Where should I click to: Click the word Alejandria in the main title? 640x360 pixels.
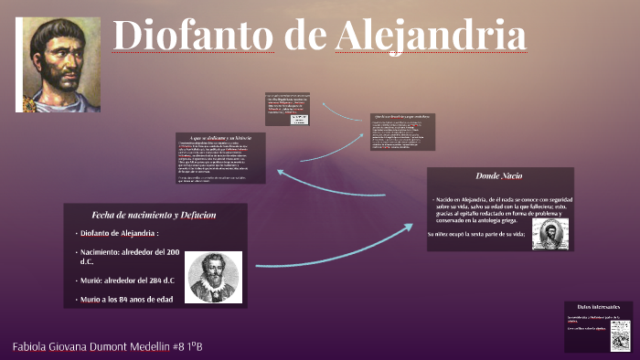tap(431, 37)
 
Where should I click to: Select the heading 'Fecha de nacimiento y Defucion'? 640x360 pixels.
tap(154, 215)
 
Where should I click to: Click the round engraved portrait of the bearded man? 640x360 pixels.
tap(214, 277)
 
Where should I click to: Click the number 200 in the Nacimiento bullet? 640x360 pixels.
tap(170, 252)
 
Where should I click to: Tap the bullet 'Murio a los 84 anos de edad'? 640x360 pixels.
tap(127, 300)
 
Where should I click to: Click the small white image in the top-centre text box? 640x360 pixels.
tap(299, 119)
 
